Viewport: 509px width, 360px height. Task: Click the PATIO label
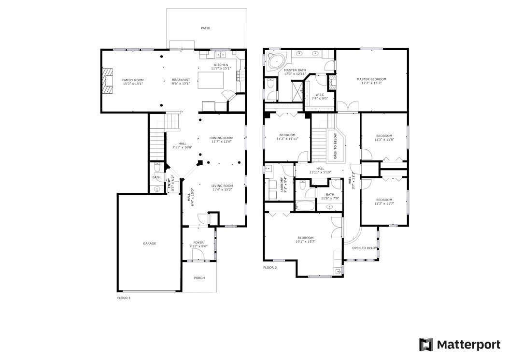pos(205,28)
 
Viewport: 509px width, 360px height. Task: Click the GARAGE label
pos(150,244)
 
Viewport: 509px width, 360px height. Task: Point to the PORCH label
pos(199,278)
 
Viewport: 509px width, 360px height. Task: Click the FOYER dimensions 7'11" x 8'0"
pos(198,246)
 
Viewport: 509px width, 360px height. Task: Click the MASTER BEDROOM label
pos(371,79)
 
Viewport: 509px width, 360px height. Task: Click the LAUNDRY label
pos(282,185)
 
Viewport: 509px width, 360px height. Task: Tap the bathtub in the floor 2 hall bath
pos(305,206)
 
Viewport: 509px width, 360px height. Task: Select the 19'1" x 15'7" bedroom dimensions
pos(306,242)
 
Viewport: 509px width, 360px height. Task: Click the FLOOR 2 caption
pos(270,268)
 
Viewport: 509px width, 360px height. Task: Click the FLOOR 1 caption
pos(124,298)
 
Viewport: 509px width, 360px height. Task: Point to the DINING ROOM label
pos(221,138)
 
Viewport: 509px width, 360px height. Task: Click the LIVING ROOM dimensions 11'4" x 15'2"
pos(222,190)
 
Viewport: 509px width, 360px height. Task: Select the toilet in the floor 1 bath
pos(157,168)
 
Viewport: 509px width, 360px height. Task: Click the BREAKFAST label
pos(181,80)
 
